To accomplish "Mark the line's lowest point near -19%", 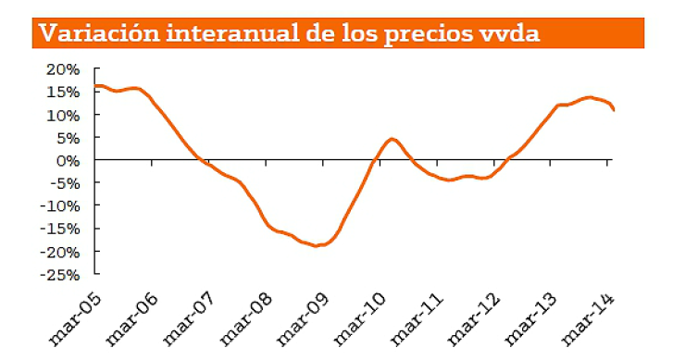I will pyautogui.click(x=318, y=245).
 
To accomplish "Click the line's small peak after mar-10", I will pyautogui.click(x=392, y=139).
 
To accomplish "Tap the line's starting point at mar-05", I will pyautogui.click(x=95, y=85).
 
